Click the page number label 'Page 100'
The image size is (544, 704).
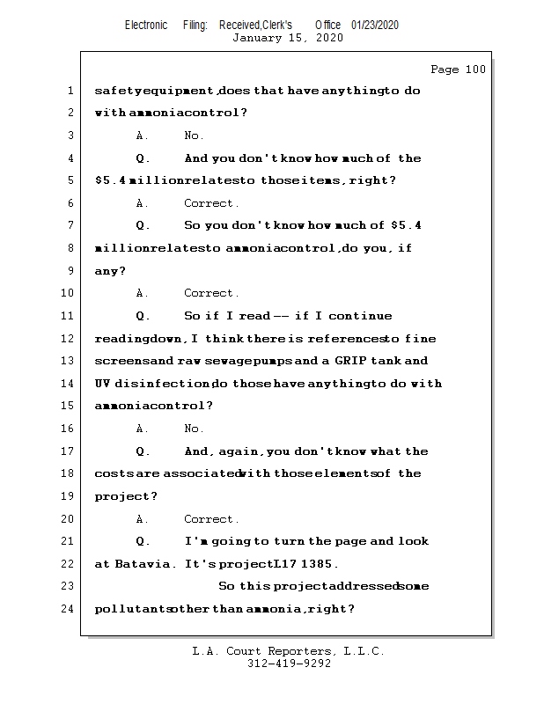(458, 70)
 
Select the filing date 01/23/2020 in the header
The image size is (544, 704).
(374, 26)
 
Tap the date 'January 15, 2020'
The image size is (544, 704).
(288, 38)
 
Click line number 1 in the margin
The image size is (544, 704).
(69, 91)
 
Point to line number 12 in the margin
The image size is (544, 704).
(68, 339)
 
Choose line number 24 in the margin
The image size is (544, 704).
(68, 609)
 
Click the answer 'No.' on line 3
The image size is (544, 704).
(194, 136)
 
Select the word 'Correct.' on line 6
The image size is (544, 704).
(211, 203)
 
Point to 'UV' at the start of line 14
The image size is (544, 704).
(102, 384)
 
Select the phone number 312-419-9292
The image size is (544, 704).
(289, 664)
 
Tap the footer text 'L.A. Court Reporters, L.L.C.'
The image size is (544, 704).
(288, 652)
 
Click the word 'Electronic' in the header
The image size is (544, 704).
(146, 26)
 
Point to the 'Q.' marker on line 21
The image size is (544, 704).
(143, 541)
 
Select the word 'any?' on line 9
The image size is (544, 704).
(110, 271)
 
